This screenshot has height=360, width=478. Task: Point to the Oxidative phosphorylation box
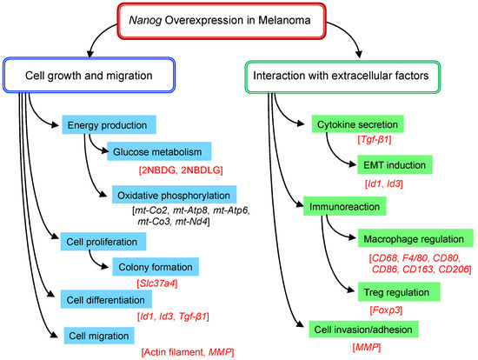click(x=172, y=192)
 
